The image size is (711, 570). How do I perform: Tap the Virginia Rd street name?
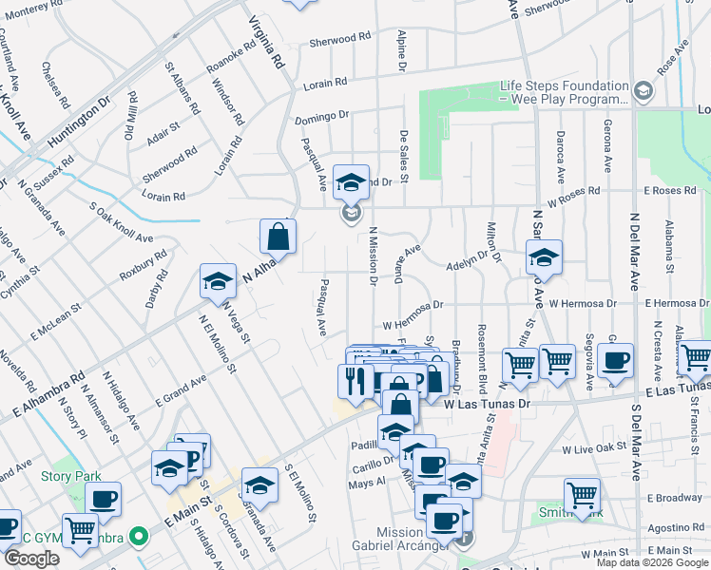coord(268,42)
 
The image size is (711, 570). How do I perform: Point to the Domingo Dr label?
coord(321,116)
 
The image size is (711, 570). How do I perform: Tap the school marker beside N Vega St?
coord(218,281)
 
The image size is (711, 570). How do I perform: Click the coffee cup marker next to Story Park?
coord(103,499)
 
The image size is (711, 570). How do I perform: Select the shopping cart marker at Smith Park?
coord(582,494)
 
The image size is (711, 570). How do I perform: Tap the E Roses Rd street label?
coord(671,191)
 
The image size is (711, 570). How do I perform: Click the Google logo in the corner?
coord(31,559)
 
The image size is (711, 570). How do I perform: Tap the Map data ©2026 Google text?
coord(651,562)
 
